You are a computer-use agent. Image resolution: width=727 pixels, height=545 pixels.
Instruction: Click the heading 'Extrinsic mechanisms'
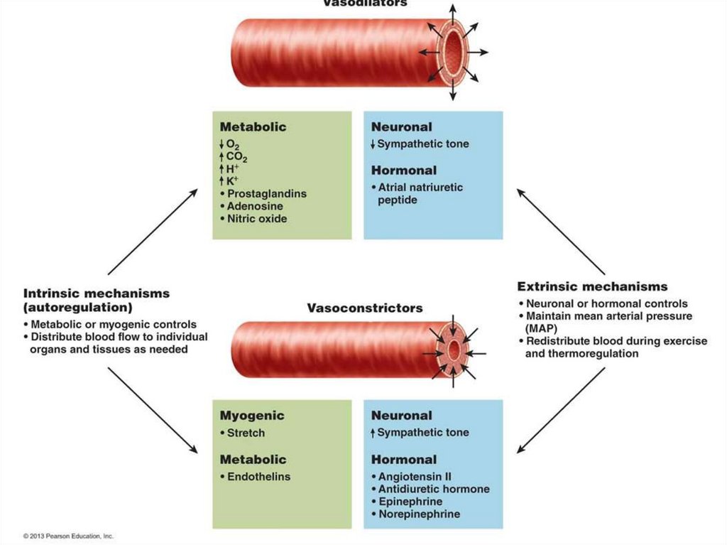tap(592, 287)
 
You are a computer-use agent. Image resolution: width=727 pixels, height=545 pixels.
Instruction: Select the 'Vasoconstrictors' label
tap(364, 308)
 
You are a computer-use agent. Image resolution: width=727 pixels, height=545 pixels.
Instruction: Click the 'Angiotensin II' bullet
tap(415, 477)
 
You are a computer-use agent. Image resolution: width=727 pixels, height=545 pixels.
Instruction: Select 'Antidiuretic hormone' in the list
tap(433, 489)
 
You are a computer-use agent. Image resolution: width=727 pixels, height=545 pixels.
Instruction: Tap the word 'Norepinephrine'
tap(419, 514)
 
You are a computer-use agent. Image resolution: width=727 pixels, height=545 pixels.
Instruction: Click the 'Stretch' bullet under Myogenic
tap(246, 433)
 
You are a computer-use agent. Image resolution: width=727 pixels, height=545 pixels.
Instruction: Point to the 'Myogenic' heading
tap(252, 416)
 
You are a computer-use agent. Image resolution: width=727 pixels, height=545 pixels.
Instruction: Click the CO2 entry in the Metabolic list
tap(236, 156)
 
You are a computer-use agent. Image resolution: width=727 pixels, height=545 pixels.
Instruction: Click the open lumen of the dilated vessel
tap(452, 52)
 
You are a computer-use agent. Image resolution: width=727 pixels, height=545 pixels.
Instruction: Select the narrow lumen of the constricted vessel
tap(454, 350)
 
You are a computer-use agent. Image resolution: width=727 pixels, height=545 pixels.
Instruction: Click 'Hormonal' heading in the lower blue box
tap(403, 460)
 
